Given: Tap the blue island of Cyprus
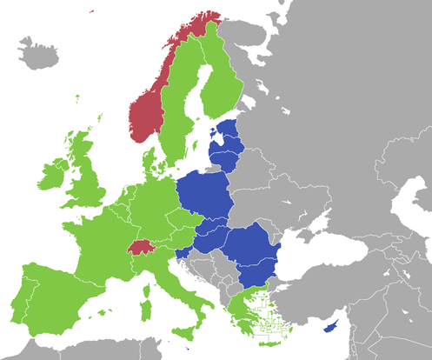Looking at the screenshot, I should (x=330, y=328).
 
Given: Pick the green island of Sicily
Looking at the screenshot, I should (x=183, y=333).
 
